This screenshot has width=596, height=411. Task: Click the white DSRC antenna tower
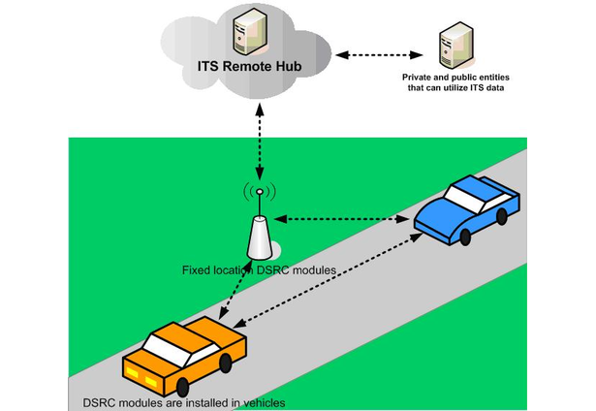point(259,237)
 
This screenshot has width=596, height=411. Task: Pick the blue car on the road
point(466,208)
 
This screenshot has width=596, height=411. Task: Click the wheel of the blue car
point(466,237)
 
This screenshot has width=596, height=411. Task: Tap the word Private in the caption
point(422,75)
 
